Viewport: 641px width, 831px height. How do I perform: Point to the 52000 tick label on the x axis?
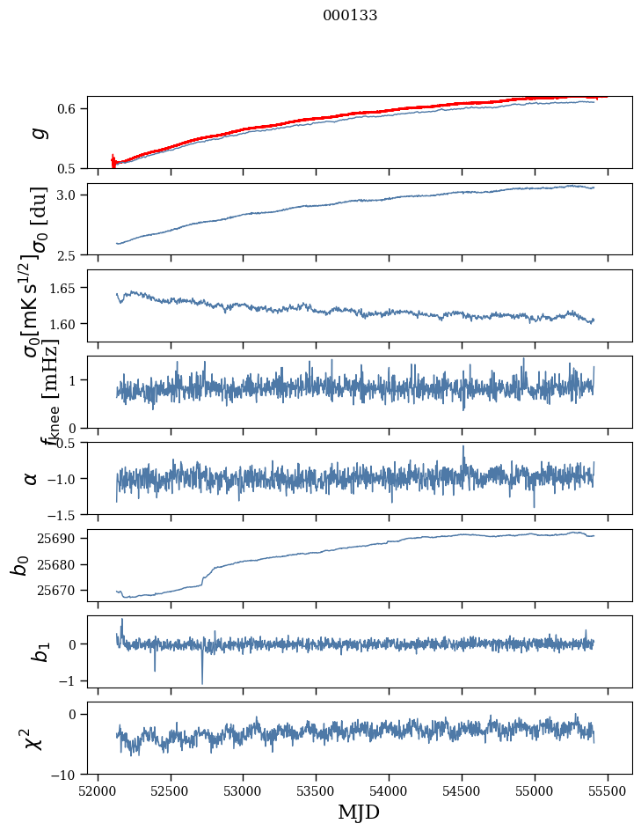tap(98, 790)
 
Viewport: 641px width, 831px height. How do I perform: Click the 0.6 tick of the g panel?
tap(71, 108)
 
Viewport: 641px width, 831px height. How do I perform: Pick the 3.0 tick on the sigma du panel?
tap(71, 195)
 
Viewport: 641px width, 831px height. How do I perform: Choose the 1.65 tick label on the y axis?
tap(68, 288)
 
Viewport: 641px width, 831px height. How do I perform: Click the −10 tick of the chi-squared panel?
tap(67, 775)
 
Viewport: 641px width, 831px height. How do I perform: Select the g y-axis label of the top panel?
tap(36, 133)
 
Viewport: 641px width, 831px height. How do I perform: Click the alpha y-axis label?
tap(32, 478)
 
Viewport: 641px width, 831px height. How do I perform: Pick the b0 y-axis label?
tap(19, 564)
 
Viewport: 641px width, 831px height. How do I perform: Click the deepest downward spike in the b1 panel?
tap(202, 683)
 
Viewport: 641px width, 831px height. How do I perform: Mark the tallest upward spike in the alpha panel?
tap(463, 446)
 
